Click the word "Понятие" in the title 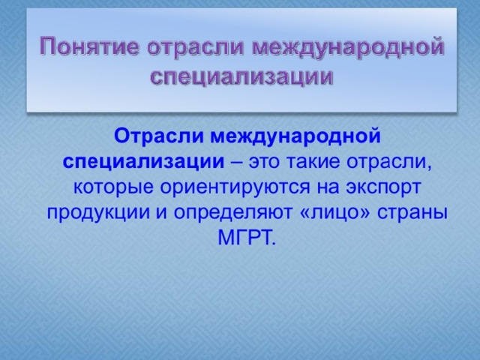click(x=89, y=46)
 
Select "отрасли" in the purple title click(x=195, y=46)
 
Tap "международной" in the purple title click(x=348, y=46)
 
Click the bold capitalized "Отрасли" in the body click(x=158, y=136)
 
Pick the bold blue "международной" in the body click(x=295, y=136)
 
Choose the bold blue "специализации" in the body click(x=143, y=162)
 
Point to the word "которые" click(x=113, y=187)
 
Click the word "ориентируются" click(x=235, y=187)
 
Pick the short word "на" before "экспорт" click(x=328, y=187)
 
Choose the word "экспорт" click(x=383, y=187)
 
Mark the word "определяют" click(x=232, y=212)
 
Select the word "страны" click(x=412, y=213)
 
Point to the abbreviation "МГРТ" click(x=247, y=238)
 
